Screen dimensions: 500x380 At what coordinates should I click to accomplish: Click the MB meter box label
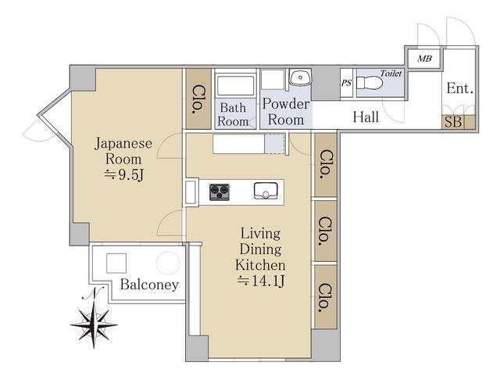pyautogui.click(x=424, y=59)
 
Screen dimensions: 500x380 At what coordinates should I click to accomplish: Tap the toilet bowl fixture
pyautogui.click(x=370, y=83)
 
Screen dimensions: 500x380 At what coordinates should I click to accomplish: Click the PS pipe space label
pyautogui.click(x=346, y=84)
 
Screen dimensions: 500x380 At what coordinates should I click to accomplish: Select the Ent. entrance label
pyautogui.click(x=459, y=88)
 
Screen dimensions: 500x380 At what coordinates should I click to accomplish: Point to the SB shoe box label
pyautogui.click(x=453, y=122)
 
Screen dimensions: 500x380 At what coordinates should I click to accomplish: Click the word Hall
pyautogui.click(x=366, y=117)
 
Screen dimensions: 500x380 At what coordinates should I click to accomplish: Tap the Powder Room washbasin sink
pyautogui.click(x=300, y=77)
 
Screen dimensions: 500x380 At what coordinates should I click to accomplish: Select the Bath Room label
pyautogui.click(x=233, y=114)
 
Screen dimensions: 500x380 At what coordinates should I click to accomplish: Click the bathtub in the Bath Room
pyautogui.click(x=236, y=85)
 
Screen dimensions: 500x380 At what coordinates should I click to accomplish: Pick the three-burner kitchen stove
pyautogui.click(x=220, y=192)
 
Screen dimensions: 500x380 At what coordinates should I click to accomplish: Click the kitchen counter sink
pyautogui.click(x=266, y=191)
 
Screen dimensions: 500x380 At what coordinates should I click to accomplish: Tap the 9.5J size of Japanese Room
pyautogui.click(x=124, y=175)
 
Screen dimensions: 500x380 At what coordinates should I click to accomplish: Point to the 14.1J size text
pyautogui.click(x=260, y=281)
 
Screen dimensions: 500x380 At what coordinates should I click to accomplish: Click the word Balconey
pyautogui.click(x=149, y=285)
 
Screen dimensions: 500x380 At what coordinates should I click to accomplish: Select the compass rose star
pyautogui.click(x=94, y=324)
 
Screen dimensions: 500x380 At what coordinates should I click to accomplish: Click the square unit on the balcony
pyautogui.click(x=116, y=263)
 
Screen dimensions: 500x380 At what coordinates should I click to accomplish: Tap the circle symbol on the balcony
pyautogui.click(x=168, y=263)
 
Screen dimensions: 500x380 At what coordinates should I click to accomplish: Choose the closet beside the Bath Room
pyautogui.click(x=198, y=99)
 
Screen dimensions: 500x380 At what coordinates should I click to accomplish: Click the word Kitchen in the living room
pyautogui.click(x=260, y=265)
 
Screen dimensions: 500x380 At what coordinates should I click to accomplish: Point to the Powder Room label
pyautogui.click(x=286, y=112)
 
